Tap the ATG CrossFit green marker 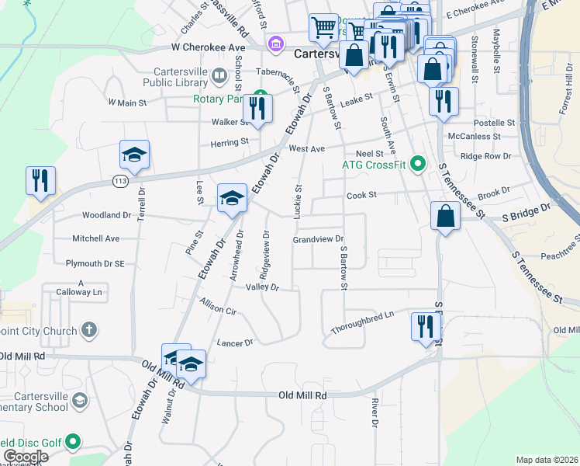[419, 164]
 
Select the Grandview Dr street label [318, 240]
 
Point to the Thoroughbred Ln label [363, 314]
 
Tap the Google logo [25, 457]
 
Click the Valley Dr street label [262, 287]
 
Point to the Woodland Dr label [106, 215]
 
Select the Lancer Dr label [236, 343]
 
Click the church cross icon [89, 331]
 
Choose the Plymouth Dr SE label [95, 263]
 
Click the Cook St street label [361, 196]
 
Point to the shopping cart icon [323, 28]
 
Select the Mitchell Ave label [96, 238]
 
